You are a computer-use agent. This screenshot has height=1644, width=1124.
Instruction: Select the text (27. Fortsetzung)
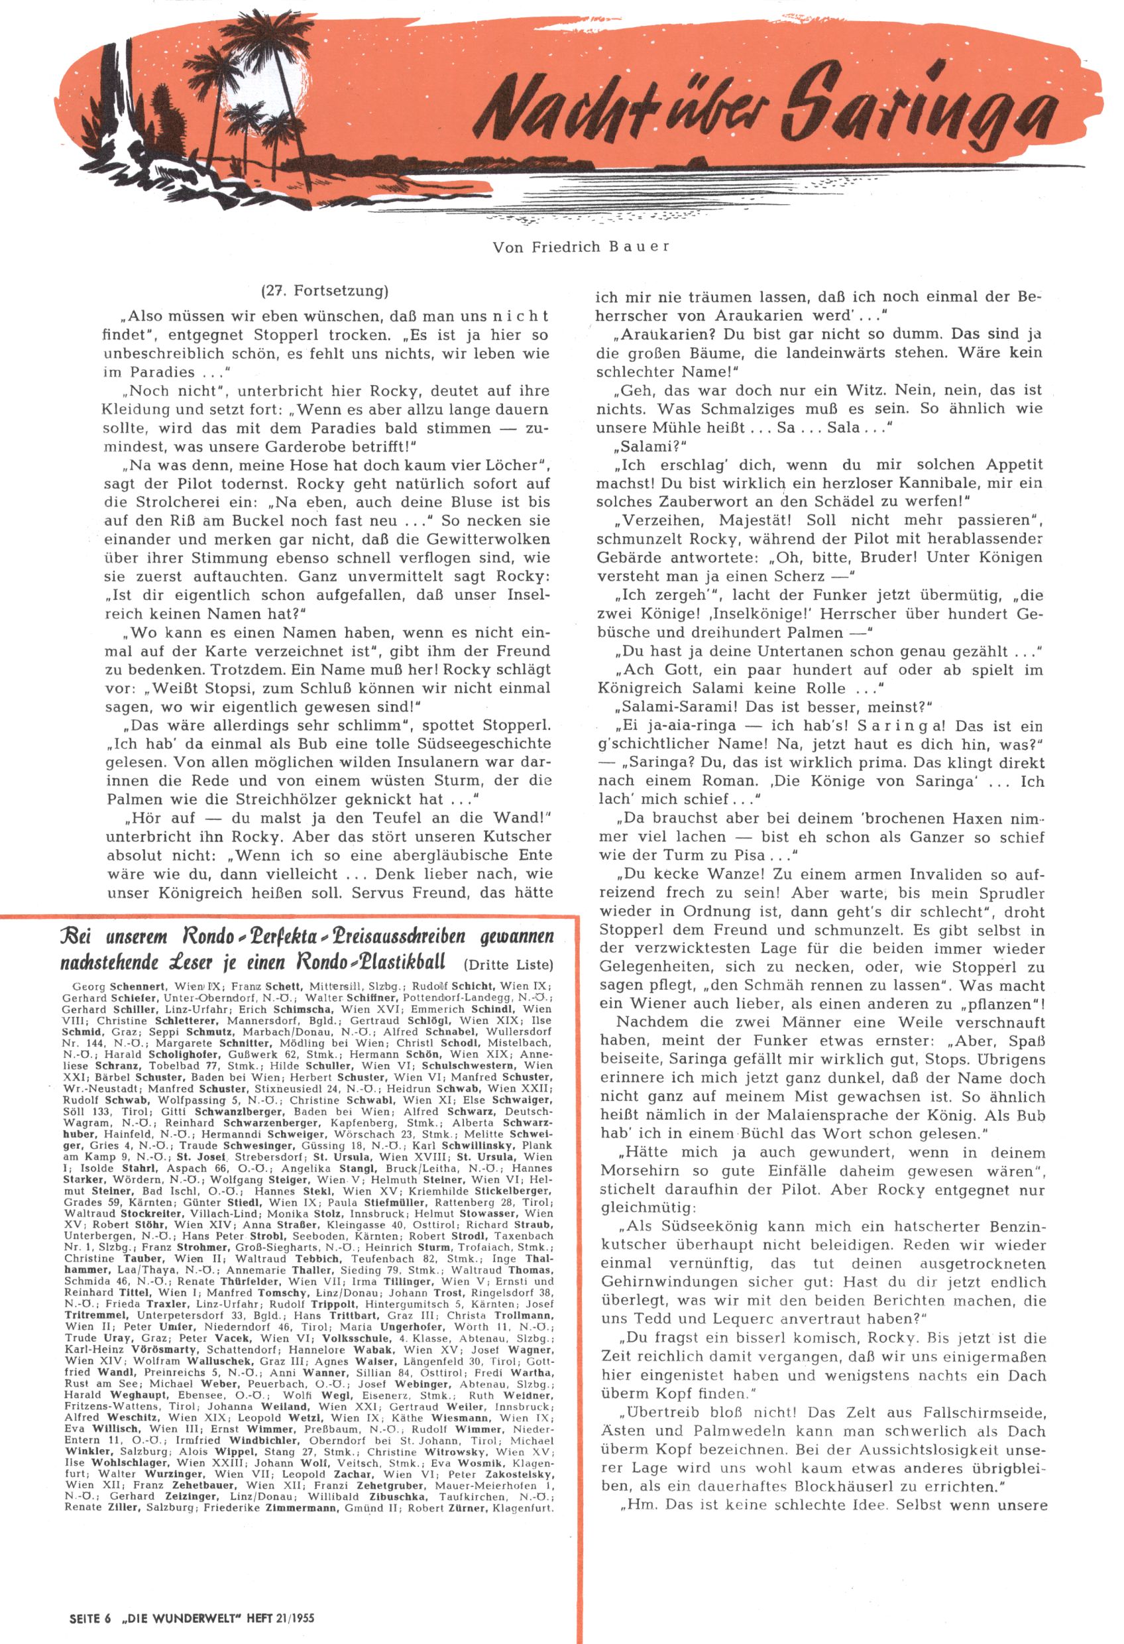(x=325, y=291)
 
